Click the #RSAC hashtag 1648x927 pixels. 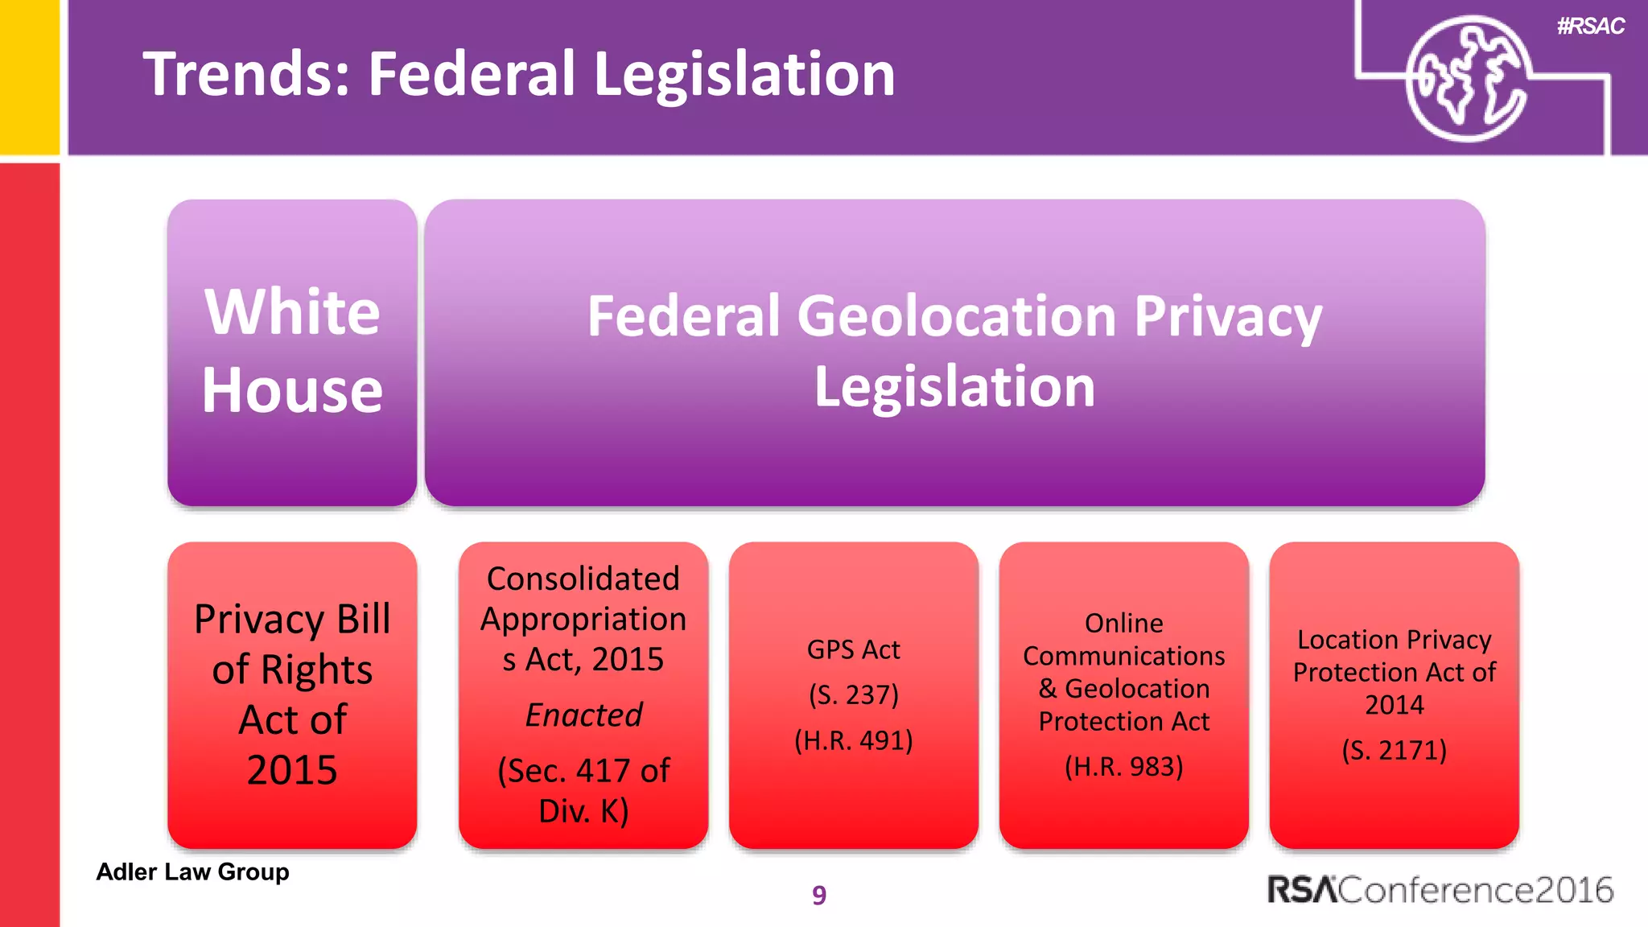point(1590,27)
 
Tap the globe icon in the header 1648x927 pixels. point(1466,79)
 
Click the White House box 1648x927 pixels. point(292,352)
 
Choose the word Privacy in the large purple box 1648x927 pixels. point(1228,317)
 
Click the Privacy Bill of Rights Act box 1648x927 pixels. point(292,694)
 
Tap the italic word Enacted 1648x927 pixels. point(583,715)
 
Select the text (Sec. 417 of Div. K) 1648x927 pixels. point(583,790)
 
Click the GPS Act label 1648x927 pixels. point(853,649)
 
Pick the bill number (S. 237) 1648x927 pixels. point(853,694)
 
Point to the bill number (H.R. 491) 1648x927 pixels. point(853,740)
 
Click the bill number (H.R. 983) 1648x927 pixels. point(1123,766)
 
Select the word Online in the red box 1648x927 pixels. point(1123,623)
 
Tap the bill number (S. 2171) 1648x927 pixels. point(1394,750)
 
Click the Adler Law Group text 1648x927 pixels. point(192,871)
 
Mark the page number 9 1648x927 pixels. point(819,895)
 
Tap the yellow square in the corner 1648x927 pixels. point(29,76)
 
